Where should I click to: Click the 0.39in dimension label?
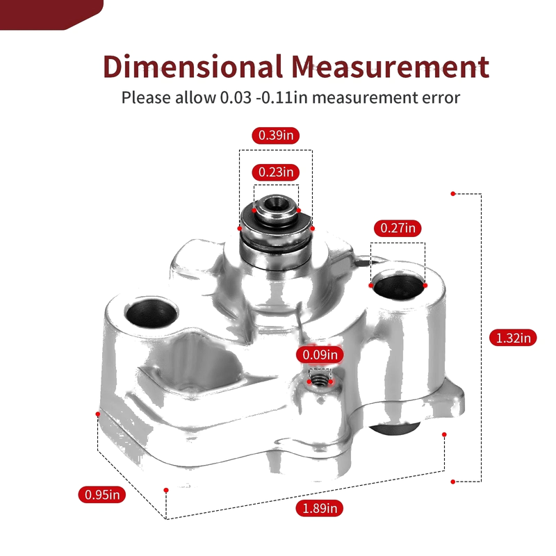click(275, 136)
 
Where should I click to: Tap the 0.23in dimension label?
click(275, 172)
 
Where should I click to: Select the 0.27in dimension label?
click(398, 228)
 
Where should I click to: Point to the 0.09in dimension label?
click(320, 354)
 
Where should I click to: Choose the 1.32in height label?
click(513, 338)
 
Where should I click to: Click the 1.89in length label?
click(320, 509)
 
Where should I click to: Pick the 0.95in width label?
click(102, 495)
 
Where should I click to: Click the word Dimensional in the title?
click(193, 66)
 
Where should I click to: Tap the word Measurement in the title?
click(391, 66)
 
